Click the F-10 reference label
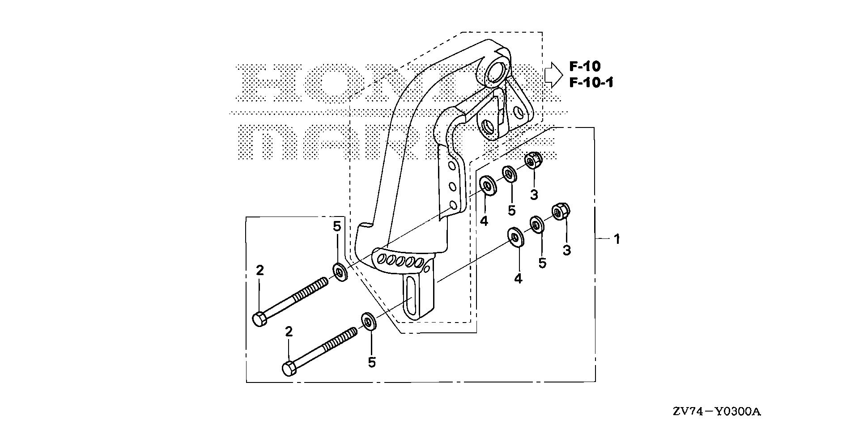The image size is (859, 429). tap(585, 66)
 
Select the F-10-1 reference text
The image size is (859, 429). tap(591, 83)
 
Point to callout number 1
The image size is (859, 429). tap(617, 239)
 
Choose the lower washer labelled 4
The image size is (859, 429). tap(516, 237)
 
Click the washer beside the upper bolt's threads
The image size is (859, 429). tap(340, 272)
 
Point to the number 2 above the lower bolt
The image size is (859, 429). tap(289, 331)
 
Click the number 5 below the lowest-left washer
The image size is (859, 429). tap(372, 362)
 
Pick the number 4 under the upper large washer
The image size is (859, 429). tap(484, 221)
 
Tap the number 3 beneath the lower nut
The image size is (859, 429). tap(567, 250)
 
